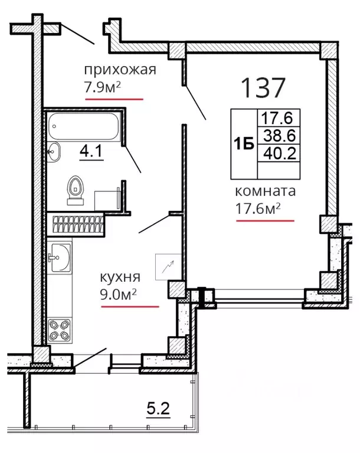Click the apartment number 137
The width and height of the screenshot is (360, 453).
coord(263,87)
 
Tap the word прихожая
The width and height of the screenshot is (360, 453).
coord(120,70)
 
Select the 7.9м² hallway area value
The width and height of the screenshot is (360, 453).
coord(102,87)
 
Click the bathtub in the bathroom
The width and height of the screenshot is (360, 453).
coord(83,126)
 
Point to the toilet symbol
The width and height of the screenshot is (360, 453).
coord(76,190)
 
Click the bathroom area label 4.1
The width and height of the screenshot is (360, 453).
coord(91,151)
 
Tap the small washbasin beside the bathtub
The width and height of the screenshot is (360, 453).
coord(53,152)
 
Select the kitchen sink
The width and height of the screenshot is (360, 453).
coord(60,258)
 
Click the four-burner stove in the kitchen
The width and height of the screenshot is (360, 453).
coord(60,330)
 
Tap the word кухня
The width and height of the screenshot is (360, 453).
coord(120,277)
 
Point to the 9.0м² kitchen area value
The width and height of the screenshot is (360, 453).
coord(118,294)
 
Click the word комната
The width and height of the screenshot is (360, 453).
coord(266,191)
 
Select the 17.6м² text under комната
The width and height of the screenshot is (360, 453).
coord(258,208)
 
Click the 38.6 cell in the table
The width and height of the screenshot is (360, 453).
coord(280,135)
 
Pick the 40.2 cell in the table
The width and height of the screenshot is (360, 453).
coord(280,153)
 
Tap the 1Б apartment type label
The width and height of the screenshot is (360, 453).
coord(244,144)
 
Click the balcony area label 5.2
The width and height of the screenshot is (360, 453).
coord(158,409)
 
